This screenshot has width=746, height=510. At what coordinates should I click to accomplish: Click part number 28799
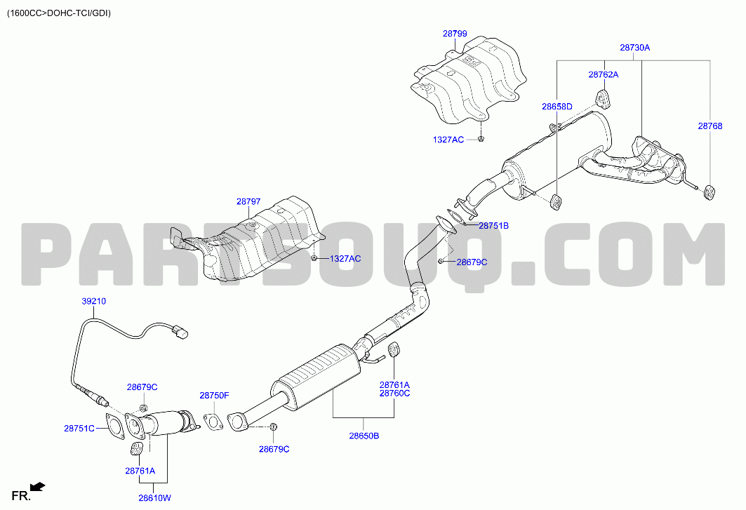click(455, 34)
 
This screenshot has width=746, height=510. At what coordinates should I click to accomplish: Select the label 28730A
click(634, 48)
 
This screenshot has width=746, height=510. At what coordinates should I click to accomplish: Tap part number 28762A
click(604, 74)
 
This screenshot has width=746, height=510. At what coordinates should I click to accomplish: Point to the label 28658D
click(557, 107)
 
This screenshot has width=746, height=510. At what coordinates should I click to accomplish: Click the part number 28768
click(710, 126)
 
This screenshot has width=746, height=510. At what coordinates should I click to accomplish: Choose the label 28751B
click(493, 225)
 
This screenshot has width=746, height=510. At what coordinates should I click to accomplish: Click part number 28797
click(248, 202)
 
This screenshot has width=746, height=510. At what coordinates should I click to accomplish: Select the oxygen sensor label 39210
click(94, 301)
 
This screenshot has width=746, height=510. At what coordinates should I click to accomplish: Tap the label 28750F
click(214, 396)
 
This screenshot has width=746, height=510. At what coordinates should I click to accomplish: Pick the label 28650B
click(364, 436)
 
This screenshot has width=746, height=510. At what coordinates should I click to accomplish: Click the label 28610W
click(154, 498)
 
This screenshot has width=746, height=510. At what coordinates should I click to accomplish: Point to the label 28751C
click(79, 428)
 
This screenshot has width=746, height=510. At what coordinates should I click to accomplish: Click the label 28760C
click(394, 394)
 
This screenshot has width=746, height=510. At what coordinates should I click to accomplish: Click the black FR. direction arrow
click(38, 486)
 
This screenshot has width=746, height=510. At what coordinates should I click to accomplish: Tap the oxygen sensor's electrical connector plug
click(180, 331)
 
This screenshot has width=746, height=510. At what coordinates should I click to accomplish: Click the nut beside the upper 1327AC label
click(481, 139)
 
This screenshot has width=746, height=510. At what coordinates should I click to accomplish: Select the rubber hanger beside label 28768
click(710, 192)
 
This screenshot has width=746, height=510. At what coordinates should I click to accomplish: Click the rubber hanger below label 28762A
click(604, 98)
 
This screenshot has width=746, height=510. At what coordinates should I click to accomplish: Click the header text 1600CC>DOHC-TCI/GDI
click(58, 13)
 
